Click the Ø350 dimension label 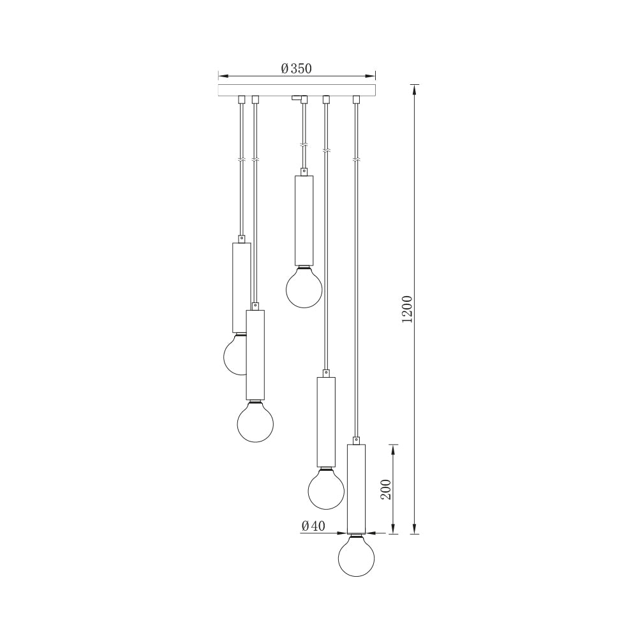coord(296,68)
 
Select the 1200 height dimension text coord(407,309)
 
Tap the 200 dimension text coord(385,489)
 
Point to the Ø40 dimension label coord(313,526)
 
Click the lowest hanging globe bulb coord(357,556)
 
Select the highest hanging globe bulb coord(304,287)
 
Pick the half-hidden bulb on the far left coord(235,354)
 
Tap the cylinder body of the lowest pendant coord(357,489)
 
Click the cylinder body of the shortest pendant coord(304,220)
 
